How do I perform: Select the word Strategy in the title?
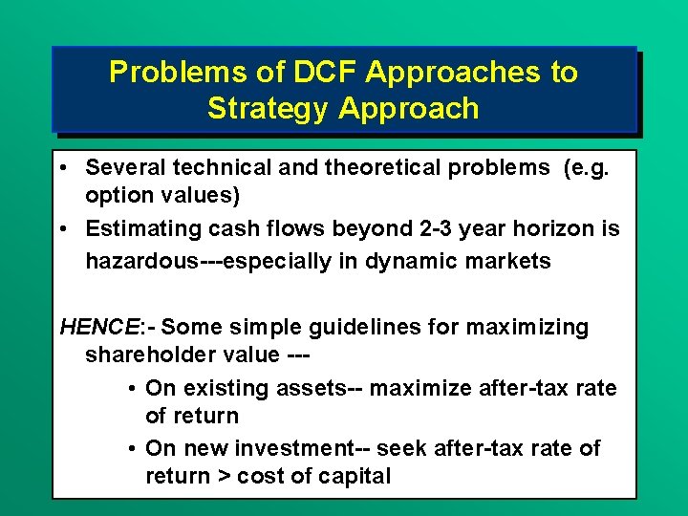click(x=268, y=108)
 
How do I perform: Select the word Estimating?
click(x=137, y=228)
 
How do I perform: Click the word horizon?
click(x=554, y=228)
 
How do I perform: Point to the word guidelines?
click(x=407, y=328)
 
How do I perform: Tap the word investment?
click(x=289, y=448)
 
